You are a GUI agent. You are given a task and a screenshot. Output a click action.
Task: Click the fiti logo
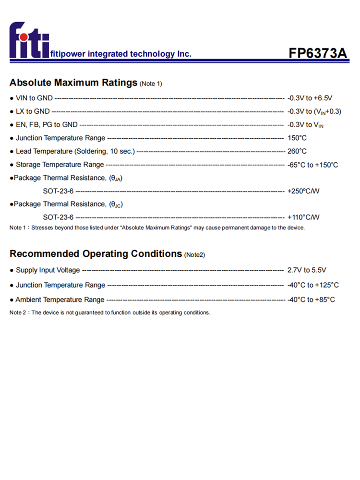click(28, 40)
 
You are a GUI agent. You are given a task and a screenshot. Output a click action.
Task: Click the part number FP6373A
click(317, 53)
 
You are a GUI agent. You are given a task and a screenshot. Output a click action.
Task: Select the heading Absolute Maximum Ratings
click(73, 83)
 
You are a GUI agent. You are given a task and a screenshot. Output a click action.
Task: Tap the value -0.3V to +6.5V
click(310, 98)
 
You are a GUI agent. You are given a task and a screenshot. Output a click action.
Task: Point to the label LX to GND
click(33, 111)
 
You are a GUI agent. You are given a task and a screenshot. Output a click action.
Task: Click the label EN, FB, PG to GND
click(47, 125)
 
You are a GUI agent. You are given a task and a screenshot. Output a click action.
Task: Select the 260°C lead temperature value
click(297, 152)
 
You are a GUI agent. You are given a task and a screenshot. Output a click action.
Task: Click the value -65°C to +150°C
click(312, 165)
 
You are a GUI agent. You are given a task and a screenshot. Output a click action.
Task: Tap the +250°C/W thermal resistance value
click(303, 191)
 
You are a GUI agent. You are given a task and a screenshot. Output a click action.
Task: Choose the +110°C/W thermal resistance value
click(303, 217)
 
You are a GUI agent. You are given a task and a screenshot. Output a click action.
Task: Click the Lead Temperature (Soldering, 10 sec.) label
click(75, 152)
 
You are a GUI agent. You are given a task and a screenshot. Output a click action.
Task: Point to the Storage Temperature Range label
click(60, 165)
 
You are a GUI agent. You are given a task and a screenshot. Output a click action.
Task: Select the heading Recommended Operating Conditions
click(96, 253)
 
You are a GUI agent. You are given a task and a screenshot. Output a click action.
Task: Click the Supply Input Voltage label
click(48, 270)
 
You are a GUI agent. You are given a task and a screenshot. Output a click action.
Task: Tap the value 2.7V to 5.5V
click(307, 270)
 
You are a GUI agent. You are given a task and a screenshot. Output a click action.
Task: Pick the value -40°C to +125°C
click(313, 285)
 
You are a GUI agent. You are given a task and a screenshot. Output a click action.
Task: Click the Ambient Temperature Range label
click(60, 300)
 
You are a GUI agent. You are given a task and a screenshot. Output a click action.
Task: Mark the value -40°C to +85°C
click(311, 300)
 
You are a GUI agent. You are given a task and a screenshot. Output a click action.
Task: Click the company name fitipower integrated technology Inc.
click(120, 54)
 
